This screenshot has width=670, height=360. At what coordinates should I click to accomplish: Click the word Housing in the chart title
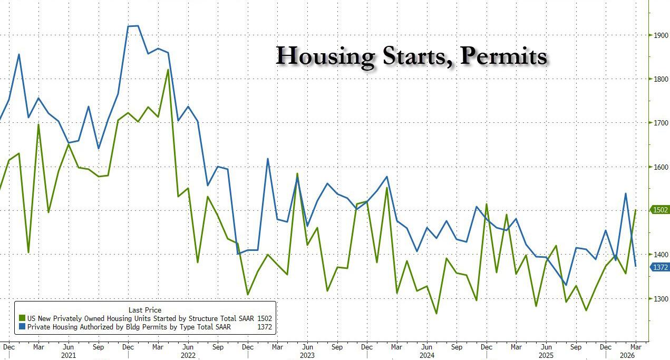(x=325, y=56)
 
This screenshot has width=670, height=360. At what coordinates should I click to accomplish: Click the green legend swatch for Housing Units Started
(x=22, y=318)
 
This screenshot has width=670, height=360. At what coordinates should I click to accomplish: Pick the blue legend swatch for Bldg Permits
(x=22, y=327)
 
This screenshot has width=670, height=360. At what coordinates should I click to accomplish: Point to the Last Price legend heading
(x=145, y=310)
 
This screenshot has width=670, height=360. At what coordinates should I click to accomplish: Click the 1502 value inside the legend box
(x=265, y=318)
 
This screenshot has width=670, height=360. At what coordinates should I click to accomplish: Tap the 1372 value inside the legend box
(x=265, y=327)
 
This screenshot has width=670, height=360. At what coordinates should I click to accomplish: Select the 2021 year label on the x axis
(x=68, y=356)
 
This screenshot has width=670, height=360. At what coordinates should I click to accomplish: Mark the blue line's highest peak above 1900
(x=138, y=25)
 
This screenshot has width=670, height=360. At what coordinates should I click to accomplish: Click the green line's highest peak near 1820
(x=168, y=70)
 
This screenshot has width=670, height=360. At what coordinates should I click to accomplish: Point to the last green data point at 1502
(x=636, y=210)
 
